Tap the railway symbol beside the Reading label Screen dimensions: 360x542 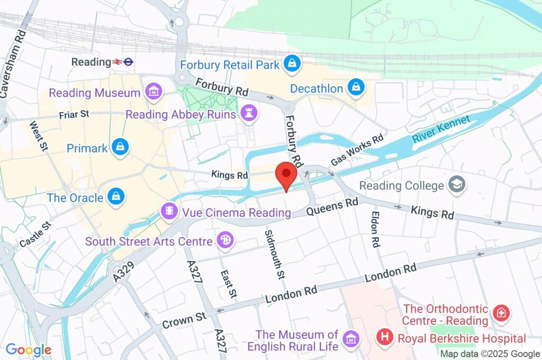(117, 62)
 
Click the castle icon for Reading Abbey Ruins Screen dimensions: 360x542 (249, 112)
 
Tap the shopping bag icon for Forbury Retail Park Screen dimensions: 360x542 (292, 65)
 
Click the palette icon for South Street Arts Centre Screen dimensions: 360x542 (225, 241)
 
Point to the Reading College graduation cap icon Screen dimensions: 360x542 (455, 185)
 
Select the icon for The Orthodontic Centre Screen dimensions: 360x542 (500, 313)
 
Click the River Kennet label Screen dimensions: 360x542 (440, 129)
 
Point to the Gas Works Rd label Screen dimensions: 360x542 (357, 150)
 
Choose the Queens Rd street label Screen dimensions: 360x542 (333, 207)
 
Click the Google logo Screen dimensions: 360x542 (29, 349)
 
